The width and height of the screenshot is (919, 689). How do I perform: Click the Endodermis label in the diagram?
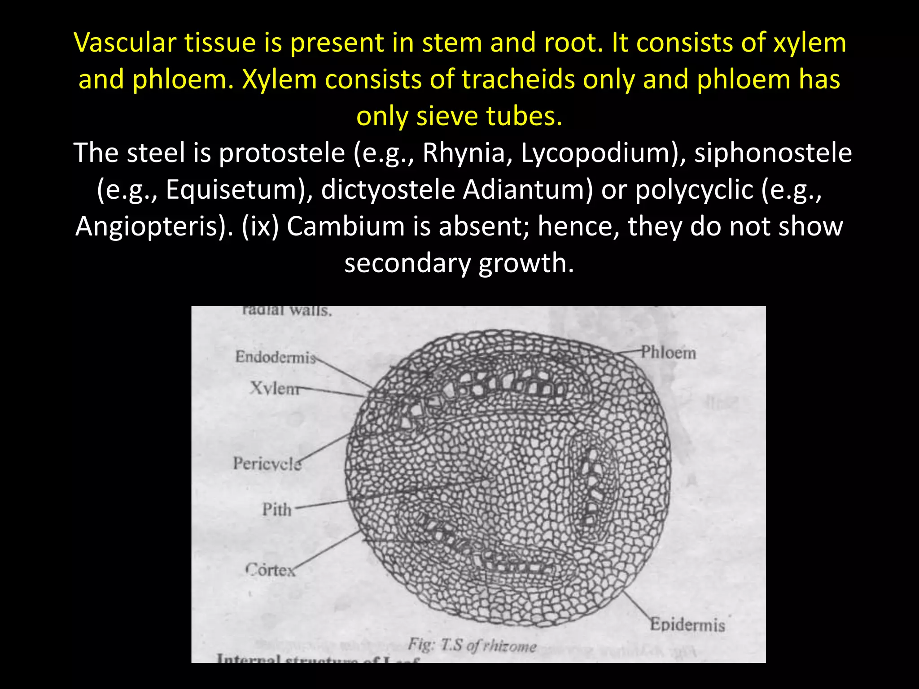(276, 357)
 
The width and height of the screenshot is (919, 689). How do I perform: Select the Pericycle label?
(267, 463)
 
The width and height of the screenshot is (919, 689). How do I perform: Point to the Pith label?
(277, 510)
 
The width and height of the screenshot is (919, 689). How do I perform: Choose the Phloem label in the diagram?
(668, 353)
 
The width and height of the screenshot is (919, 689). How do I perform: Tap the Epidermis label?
(687, 624)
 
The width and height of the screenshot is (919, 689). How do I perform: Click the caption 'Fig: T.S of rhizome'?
(472, 645)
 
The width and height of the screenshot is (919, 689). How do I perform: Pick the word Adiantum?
(528, 190)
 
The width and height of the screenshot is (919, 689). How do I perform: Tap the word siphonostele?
(773, 153)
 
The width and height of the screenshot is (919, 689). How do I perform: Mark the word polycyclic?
(694, 190)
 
